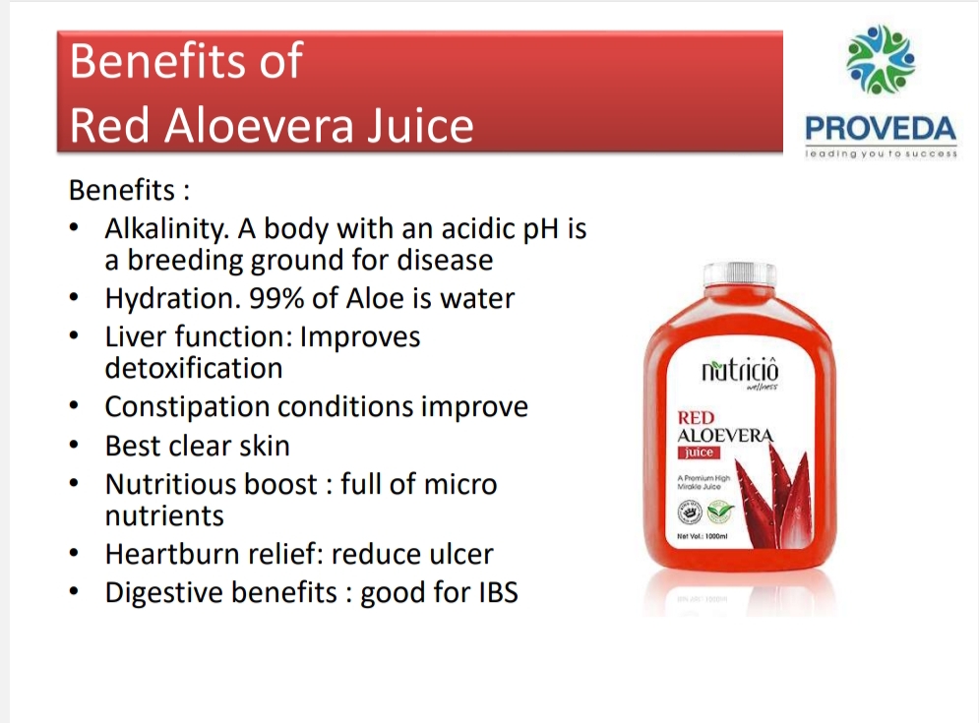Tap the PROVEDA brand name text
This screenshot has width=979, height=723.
pyautogui.click(x=880, y=129)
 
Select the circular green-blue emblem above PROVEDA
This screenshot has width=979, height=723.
pyautogui.click(x=881, y=62)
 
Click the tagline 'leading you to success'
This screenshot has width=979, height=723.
pyautogui.click(x=881, y=153)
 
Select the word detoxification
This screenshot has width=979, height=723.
pyautogui.click(x=194, y=368)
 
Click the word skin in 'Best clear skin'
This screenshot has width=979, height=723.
pyautogui.click(x=264, y=446)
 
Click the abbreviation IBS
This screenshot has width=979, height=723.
pyautogui.click(x=492, y=593)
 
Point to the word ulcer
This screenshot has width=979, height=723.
pyautogui.click(x=461, y=554)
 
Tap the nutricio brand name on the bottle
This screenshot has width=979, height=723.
pyautogui.click(x=739, y=372)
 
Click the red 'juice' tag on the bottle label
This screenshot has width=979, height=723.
pyautogui.click(x=700, y=452)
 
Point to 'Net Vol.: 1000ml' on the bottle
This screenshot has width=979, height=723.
pyautogui.click(x=703, y=536)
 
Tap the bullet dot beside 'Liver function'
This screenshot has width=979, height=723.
pyautogui.click(x=75, y=337)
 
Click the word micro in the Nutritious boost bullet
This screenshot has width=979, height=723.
pyautogui.click(x=459, y=484)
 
